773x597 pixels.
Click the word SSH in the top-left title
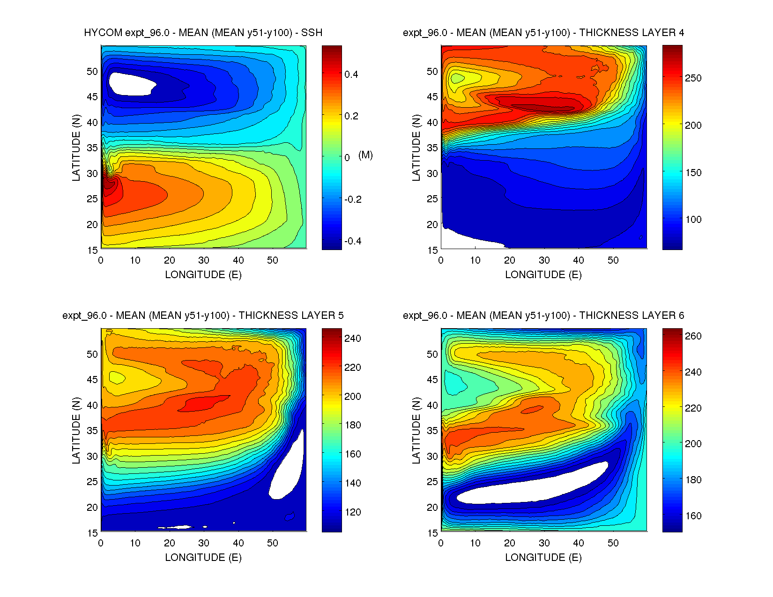(312, 33)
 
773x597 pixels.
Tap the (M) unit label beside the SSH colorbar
(365, 155)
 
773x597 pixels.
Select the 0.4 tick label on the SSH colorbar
(351, 74)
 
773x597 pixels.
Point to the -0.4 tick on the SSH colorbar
(353, 241)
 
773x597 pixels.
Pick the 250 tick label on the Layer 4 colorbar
(693, 78)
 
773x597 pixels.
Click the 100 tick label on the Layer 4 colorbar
(693, 220)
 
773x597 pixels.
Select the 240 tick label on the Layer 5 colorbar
(352, 339)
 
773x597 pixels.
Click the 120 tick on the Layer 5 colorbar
(352, 512)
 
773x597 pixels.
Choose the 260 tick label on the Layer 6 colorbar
(693, 336)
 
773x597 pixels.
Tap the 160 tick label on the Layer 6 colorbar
(693, 516)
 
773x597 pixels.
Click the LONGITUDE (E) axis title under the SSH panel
(203, 275)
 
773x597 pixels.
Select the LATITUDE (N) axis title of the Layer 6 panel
(416, 430)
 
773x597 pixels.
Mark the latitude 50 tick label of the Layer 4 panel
(432, 72)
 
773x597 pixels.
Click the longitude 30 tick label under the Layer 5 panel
(204, 543)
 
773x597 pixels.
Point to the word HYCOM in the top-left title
(103, 33)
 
